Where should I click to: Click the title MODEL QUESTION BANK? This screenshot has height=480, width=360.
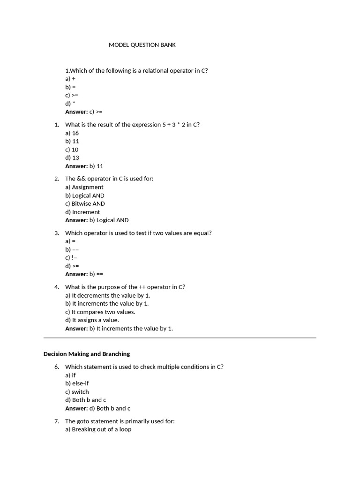click(x=142, y=45)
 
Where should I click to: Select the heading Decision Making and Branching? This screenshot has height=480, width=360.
click(x=87, y=354)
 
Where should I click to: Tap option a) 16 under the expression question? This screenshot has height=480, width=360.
click(x=72, y=133)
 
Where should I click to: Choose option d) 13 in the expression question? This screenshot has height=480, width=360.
click(x=72, y=158)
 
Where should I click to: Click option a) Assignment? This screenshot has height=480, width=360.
click(x=84, y=187)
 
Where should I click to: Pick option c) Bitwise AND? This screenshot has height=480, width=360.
click(x=85, y=204)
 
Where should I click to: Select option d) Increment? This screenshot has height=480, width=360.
click(x=82, y=212)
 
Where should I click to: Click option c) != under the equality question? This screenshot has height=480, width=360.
click(x=71, y=258)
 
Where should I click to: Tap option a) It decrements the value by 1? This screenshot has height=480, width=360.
click(x=108, y=295)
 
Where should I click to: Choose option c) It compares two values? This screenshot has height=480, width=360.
click(x=100, y=312)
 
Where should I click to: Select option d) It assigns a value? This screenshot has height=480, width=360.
click(x=92, y=320)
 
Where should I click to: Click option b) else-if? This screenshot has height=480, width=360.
click(x=77, y=383)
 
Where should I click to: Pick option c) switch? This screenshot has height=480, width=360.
click(x=77, y=392)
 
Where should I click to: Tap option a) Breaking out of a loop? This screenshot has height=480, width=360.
click(x=98, y=429)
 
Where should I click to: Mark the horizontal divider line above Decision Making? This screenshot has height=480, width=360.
click(x=180, y=337)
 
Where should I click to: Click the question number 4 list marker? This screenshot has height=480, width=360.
click(x=57, y=287)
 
